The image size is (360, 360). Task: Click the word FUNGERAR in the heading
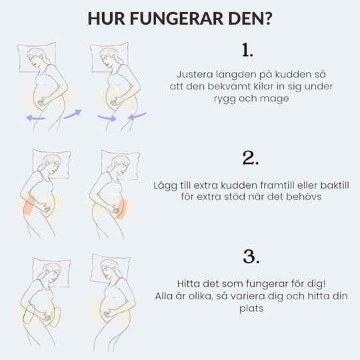(x=177, y=18)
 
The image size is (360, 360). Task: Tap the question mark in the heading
(x=268, y=18)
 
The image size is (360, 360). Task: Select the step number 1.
(x=247, y=50)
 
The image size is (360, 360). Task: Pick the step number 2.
(x=251, y=158)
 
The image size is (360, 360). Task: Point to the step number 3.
(x=251, y=256)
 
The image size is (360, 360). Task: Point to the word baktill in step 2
(x=335, y=185)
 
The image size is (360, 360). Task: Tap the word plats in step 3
(x=251, y=309)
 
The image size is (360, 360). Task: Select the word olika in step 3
(x=200, y=296)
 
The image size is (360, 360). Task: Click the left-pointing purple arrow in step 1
(x=35, y=118)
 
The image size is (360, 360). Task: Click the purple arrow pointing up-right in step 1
(x=73, y=114)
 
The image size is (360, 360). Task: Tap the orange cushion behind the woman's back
(x=29, y=205)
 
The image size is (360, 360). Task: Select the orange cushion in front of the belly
(x=122, y=209)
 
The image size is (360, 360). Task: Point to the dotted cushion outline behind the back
(x=29, y=314)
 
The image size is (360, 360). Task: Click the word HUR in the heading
(x=107, y=18)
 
